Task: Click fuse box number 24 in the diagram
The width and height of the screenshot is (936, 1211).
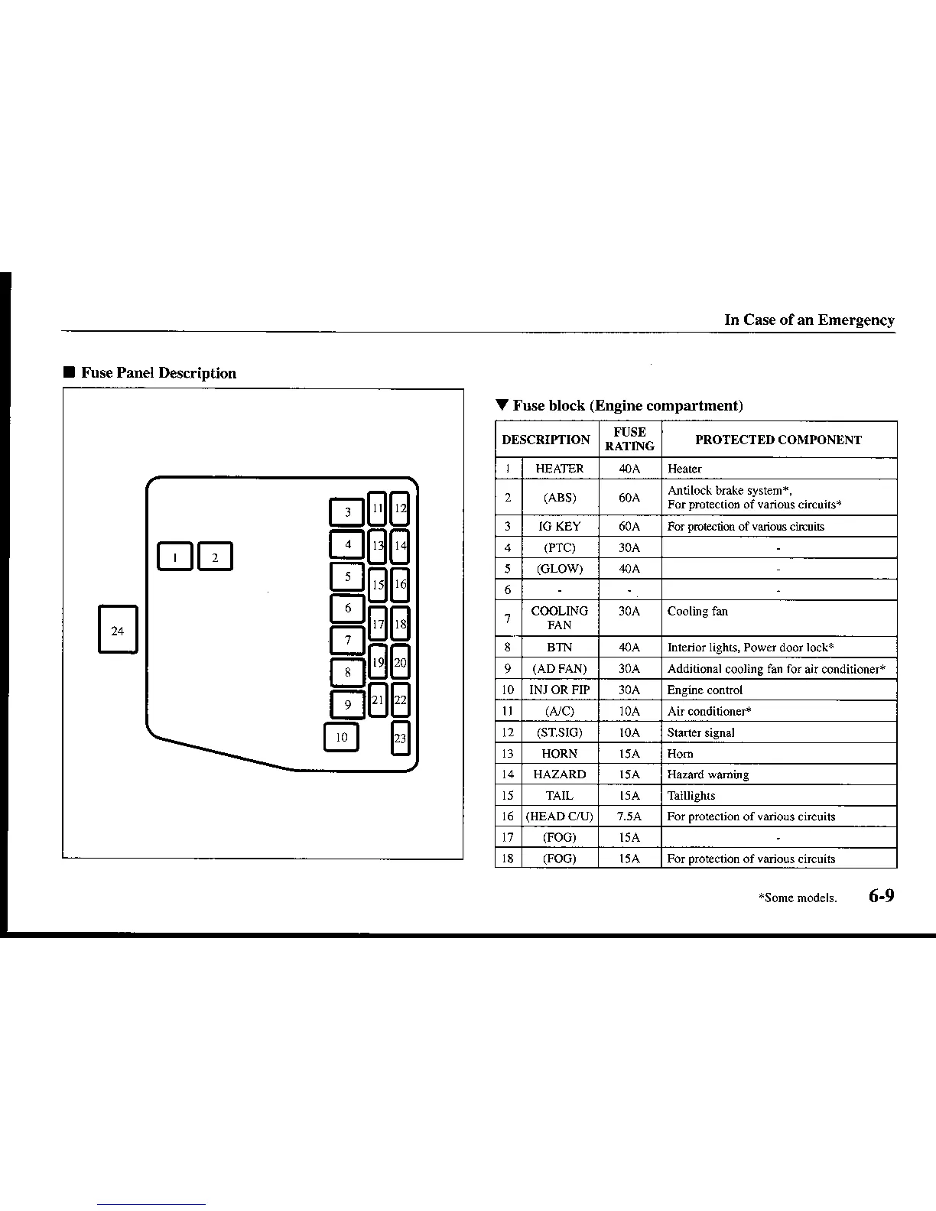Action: [117, 630]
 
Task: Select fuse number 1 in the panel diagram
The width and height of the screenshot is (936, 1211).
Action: [175, 557]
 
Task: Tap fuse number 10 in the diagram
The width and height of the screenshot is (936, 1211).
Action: [341, 738]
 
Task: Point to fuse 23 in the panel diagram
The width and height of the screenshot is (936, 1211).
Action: [400, 739]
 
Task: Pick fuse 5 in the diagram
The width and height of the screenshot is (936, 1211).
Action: [347, 577]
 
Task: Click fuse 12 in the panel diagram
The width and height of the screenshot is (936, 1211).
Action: [400, 508]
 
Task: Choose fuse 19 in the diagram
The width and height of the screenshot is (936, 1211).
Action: [378, 662]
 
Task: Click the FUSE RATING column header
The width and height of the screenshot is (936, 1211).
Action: [629, 440]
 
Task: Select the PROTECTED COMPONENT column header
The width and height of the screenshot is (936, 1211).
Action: [778, 440]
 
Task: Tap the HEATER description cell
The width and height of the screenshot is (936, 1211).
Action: [559, 469]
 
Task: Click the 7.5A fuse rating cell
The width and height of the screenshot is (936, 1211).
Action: [629, 817]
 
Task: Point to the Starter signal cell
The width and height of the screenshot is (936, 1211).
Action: [700, 732]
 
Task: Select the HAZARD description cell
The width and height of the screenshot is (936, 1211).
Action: [559, 774]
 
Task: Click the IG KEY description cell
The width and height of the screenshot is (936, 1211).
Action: [559, 526]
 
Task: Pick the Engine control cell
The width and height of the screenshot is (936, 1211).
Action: [704, 690]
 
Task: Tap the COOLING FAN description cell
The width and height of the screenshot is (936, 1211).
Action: [559, 618]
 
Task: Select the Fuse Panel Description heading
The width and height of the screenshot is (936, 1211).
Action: [158, 373]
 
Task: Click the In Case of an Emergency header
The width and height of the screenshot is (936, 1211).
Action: [809, 320]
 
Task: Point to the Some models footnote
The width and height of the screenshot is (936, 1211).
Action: [797, 898]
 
